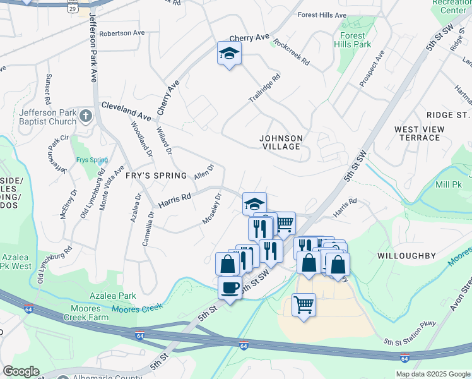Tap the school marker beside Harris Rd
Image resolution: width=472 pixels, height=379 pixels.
(254, 203)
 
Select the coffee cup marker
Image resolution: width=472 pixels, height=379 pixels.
(229, 287)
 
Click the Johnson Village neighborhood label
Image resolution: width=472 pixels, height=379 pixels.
(281, 141)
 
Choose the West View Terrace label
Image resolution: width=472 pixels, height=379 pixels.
(419, 133)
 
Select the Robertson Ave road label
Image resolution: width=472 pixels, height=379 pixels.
(122, 33)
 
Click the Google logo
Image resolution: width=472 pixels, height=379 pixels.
(20, 371)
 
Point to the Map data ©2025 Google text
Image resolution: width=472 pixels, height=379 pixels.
(432, 374)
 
